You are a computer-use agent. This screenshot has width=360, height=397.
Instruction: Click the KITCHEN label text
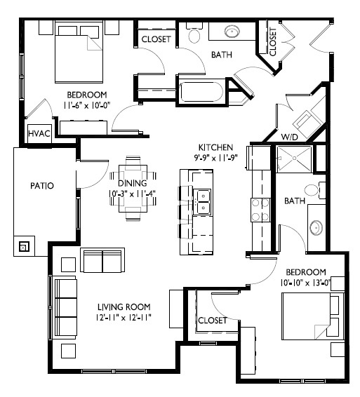click(x=214, y=147)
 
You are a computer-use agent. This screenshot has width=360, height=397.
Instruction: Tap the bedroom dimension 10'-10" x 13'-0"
click(x=305, y=282)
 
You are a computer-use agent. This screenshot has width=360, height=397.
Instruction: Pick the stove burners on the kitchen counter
click(x=261, y=209)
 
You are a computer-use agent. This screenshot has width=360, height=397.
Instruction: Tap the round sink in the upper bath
click(x=232, y=31)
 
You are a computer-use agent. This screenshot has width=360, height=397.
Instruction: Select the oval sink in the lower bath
click(x=316, y=227)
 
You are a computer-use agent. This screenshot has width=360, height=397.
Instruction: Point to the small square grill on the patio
click(x=24, y=246)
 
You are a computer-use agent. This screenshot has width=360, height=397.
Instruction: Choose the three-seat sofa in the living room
click(x=65, y=307)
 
